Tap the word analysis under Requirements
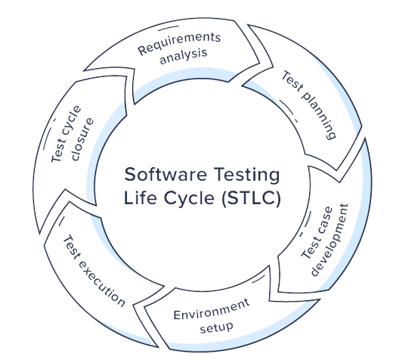point(184,56)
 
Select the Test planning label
point(309,105)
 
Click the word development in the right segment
point(329,240)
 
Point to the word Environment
point(212,309)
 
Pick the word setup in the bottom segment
point(216,327)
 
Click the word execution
point(101,283)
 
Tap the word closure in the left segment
point(82,139)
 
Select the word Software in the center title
point(166,175)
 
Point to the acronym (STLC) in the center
point(251,198)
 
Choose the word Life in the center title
point(140,197)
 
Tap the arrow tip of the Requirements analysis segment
point(260,64)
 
